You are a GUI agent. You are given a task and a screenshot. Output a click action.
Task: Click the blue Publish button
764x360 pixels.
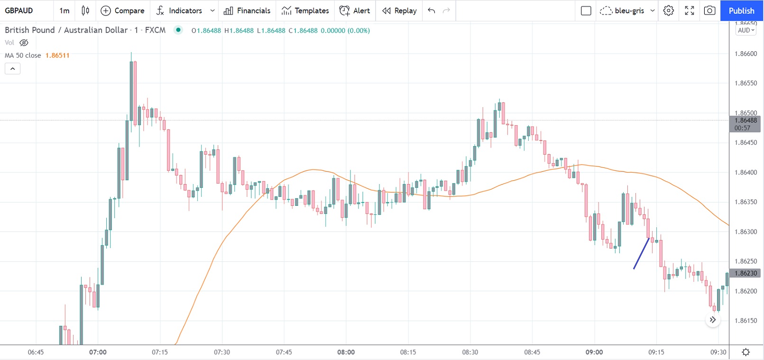[x=741, y=10]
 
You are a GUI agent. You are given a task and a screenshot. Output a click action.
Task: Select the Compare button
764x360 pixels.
[x=122, y=10]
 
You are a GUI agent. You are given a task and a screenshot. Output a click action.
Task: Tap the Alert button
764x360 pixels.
[x=355, y=10]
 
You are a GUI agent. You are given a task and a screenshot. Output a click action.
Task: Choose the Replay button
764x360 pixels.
[x=399, y=10]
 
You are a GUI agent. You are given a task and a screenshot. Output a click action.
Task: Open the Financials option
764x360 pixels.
[x=247, y=10]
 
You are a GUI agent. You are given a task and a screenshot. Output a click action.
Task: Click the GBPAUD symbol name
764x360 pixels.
[x=19, y=10]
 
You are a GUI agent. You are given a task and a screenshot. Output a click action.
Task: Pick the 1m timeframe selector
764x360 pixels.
[x=64, y=10]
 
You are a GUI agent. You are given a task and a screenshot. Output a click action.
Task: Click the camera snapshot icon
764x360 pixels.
[x=709, y=10]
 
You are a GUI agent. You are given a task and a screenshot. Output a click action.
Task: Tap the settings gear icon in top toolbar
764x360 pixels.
[x=669, y=10]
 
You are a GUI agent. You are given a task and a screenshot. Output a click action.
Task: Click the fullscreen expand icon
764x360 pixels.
[x=690, y=10]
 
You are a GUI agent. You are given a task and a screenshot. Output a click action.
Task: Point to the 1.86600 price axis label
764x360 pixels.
[x=746, y=54]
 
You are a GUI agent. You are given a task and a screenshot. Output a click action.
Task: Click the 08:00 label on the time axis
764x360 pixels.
[x=346, y=352]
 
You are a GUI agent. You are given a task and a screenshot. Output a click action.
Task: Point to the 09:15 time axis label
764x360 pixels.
[x=656, y=352]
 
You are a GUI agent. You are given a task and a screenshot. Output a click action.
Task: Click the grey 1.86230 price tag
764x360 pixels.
[x=746, y=273]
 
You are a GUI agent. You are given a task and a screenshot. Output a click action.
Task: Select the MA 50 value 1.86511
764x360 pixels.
[x=57, y=55]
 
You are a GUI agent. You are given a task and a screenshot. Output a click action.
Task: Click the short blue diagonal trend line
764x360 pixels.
[x=641, y=254]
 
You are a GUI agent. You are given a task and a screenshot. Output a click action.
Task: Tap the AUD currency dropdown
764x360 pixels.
[x=746, y=30]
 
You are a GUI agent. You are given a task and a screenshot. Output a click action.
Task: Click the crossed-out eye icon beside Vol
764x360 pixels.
[x=24, y=43]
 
